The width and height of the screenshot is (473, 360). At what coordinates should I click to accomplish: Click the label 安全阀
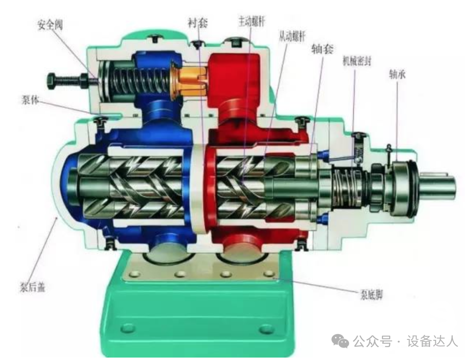tap(49, 25)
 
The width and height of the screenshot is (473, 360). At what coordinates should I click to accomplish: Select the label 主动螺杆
tap(252, 21)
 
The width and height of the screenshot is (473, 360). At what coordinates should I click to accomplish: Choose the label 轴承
tap(397, 75)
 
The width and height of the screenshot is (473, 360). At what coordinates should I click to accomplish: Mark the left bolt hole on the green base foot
tap(128, 327)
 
